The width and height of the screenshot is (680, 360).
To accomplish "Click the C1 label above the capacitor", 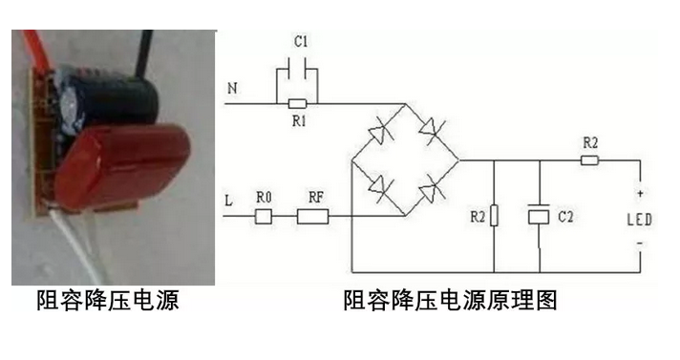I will pos(300,42).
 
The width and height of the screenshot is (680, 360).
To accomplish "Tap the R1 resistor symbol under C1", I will pos(297,102).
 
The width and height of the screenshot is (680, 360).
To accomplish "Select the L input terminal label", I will pos(228,201).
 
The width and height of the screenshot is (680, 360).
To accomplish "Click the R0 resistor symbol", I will pos(265,216).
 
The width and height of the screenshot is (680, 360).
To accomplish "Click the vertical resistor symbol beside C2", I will pos(493,219).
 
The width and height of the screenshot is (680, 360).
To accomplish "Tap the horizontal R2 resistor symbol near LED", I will pos(589,160).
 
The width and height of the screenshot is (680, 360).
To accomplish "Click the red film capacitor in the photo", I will pos(129,166).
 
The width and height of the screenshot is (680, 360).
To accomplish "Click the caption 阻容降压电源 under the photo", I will pos(108,301).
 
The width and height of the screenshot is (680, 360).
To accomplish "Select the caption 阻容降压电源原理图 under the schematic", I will pos(450,301).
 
